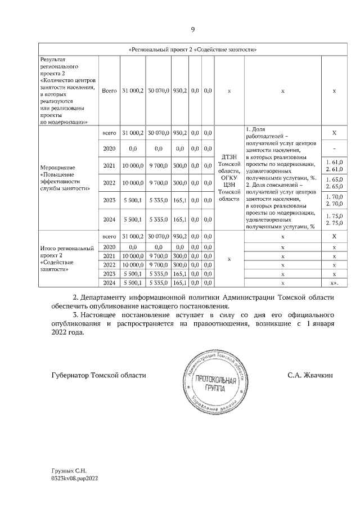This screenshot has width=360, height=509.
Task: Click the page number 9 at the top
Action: pyautogui.click(x=193, y=29)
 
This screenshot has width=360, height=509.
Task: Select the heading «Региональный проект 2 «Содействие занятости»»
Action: pyautogui.click(x=193, y=49)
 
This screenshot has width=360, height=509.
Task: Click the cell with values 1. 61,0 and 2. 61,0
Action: pyautogui.click(x=335, y=165)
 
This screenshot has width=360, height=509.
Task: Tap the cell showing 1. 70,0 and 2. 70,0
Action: pyautogui.click(x=335, y=201)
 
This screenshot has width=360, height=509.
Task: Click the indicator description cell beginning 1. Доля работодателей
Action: pyautogui.click(x=283, y=178)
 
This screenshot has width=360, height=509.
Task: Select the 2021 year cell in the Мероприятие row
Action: pyautogui.click(x=109, y=166)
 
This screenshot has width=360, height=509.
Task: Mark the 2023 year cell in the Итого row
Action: pyautogui.click(x=109, y=273)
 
